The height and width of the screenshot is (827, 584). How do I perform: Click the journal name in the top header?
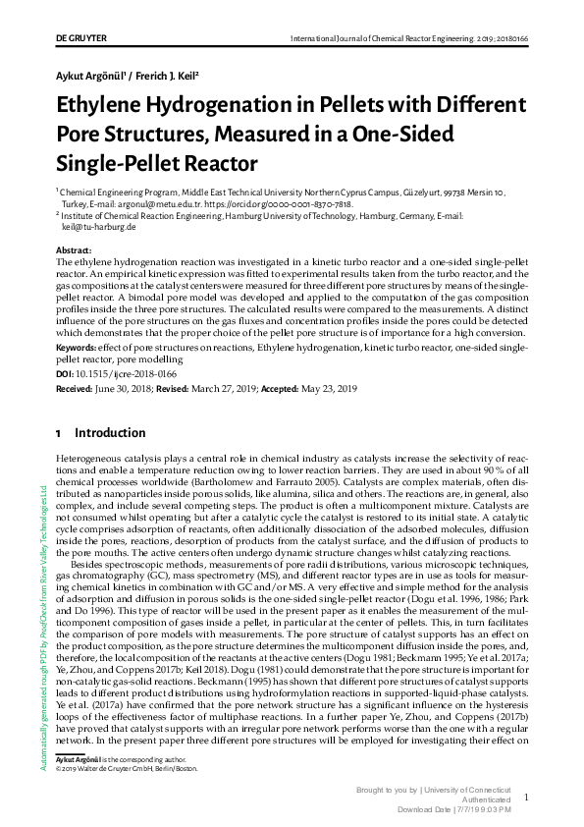pyautogui.click(x=386, y=39)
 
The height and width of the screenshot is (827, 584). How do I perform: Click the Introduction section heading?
pyautogui.click(x=110, y=432)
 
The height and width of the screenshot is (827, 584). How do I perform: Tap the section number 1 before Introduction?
pyautogui.click(x=60, y=432)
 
